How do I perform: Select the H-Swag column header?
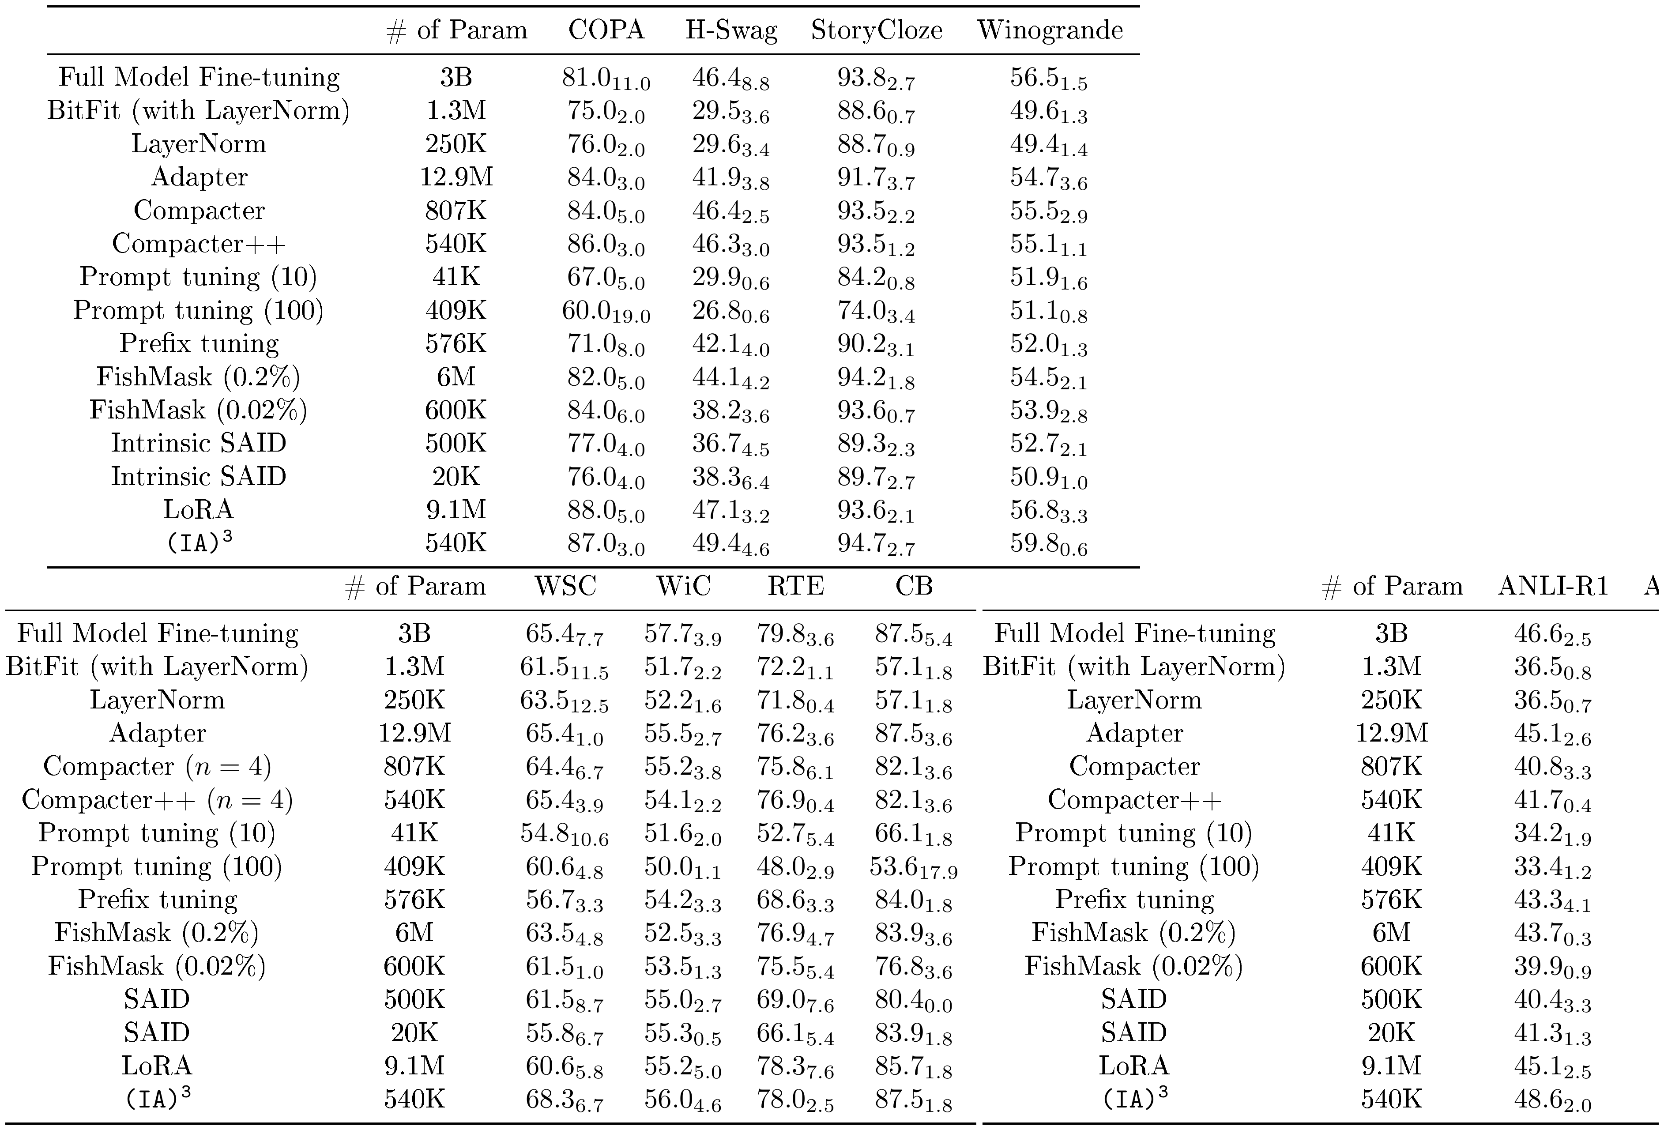click(x=731, y=30)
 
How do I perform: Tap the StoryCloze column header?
click(x=877, y=30)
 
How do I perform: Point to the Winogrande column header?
click(x=1050, y=30)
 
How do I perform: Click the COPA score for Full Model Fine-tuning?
click(x=606, y=79)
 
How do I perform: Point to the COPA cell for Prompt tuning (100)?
click(x=606, y=312)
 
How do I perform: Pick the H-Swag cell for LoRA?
click(x=731, y=511)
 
